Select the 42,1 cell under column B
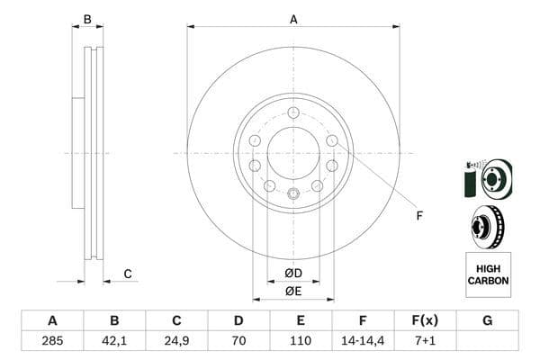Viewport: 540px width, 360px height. coord(113,342)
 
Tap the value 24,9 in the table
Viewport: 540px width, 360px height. coord(176,342)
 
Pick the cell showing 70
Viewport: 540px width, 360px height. coord(238,342)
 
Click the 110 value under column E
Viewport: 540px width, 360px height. coord(301,342)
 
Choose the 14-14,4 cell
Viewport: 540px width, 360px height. coord(363,342)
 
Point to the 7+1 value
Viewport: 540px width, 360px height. coord(425,342)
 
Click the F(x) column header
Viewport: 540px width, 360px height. coord(425,321)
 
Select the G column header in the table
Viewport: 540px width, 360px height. coord(487,321)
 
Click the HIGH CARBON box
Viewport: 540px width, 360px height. coord(488,274)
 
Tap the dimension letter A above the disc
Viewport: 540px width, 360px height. coord(293,19)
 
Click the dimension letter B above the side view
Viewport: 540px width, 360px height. coord(87,19)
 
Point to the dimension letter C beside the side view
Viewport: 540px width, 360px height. coord(128,274)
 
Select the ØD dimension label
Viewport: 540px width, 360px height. coord(292,273)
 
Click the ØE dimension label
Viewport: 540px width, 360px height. coord(292,290)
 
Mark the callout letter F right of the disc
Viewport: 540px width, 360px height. coord(418,214)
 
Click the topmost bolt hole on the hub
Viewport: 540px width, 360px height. coord(293,112)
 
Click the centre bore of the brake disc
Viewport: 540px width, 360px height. coord(293,153)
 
